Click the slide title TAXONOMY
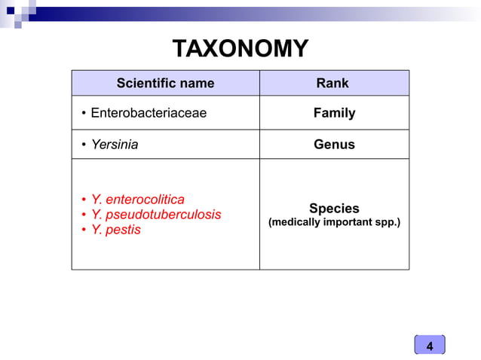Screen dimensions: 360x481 240,49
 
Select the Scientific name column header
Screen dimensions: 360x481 165,83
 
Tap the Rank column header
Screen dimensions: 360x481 333,83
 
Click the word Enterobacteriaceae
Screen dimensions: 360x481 149,113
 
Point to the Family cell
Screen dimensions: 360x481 334,113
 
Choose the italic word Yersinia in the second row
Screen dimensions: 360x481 115,144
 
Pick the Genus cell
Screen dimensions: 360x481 334,144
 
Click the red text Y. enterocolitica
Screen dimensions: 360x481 137,200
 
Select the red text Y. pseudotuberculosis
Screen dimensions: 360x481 155,215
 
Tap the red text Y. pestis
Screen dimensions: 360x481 115,230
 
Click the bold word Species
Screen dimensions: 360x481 334,209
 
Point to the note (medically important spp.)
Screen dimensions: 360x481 334,223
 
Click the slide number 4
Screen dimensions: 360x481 430,346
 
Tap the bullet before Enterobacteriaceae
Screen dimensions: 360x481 84,114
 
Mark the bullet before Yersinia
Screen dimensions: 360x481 84,145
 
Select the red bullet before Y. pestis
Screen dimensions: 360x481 84,230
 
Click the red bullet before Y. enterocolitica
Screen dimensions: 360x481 84,200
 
